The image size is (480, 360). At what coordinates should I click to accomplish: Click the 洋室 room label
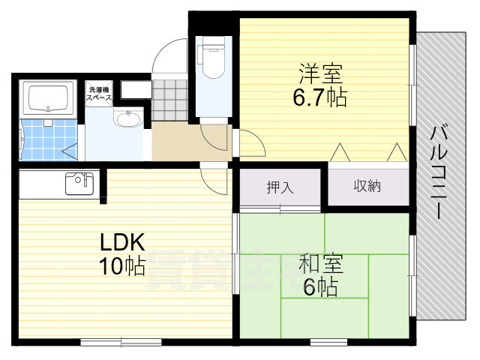322,75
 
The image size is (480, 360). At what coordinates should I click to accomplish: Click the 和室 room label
321,264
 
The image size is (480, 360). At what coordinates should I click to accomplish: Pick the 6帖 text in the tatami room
320,286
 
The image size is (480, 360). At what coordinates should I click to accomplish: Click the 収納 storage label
367,186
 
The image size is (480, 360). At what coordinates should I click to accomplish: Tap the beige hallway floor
180,142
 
